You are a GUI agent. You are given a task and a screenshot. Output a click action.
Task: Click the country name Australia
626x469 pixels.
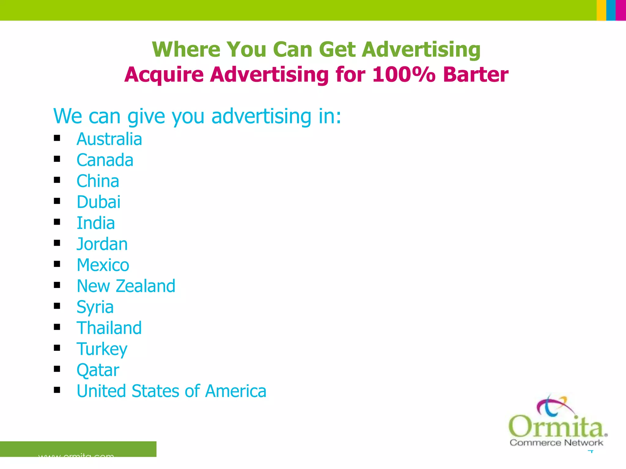pos(109,139)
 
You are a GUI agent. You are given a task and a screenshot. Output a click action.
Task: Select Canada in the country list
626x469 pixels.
pos(105,160)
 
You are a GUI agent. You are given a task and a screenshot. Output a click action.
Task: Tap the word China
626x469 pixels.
pos(98,181)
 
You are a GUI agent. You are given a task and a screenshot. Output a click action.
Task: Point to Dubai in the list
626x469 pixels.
pos(98,202)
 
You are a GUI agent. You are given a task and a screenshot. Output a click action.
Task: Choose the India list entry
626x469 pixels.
pos(96,223)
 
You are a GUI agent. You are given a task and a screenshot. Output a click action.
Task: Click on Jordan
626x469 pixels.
pos(102,244)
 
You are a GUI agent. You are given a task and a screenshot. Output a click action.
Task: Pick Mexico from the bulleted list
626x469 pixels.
pos(103,265)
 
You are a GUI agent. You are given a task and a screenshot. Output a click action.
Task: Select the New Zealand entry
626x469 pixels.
pos(126,286)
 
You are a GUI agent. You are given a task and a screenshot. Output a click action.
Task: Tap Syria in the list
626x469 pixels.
pos(95,307)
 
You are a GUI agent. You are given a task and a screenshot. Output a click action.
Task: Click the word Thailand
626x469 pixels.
pos(109,328)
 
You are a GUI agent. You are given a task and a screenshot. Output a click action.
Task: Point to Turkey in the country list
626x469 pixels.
pos(102,349)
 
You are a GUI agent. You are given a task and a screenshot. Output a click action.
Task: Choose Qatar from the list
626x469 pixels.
pos(98,370)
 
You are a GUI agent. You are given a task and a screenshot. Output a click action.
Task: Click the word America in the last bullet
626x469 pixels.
pos(236,391)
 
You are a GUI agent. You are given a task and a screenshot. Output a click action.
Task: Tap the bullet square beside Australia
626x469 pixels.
pos(57,138)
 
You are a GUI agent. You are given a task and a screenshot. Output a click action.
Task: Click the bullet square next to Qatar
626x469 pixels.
pos(57,369)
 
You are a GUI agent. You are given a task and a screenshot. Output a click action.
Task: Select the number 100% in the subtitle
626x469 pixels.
pos(403,75)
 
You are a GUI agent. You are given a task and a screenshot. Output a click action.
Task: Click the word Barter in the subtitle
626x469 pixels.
pos(476,75)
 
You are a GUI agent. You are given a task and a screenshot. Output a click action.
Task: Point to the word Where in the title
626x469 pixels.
pos(186,49)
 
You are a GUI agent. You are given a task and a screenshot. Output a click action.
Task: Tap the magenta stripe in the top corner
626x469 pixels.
pos(621,10)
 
